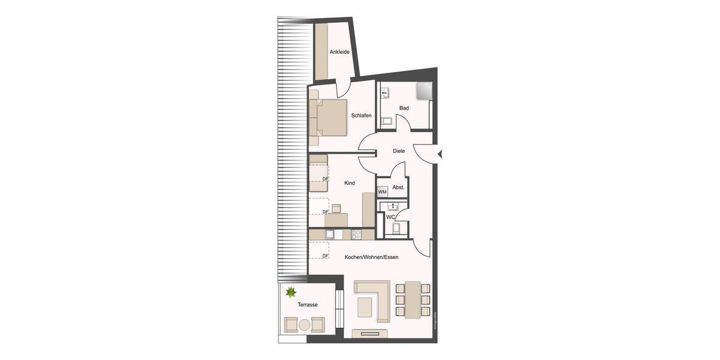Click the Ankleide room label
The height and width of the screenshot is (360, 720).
(340, 52)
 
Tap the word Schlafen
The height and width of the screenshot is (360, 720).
(361, 115)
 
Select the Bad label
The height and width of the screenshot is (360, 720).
(404, 108)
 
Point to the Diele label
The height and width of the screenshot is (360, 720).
(399, 151)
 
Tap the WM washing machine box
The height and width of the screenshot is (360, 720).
(382, 192)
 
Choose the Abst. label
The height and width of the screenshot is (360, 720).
(398, 187)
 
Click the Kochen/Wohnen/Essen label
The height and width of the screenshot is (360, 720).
(371, 257)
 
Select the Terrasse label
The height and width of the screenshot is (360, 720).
(308, 305)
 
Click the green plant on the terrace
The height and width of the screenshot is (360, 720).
(291, 293)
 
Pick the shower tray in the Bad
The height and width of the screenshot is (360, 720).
(424, 90)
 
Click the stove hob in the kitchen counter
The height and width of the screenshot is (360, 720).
(356, 234)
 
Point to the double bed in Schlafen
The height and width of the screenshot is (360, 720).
(329, 116)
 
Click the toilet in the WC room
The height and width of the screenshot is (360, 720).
(395, 228)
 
